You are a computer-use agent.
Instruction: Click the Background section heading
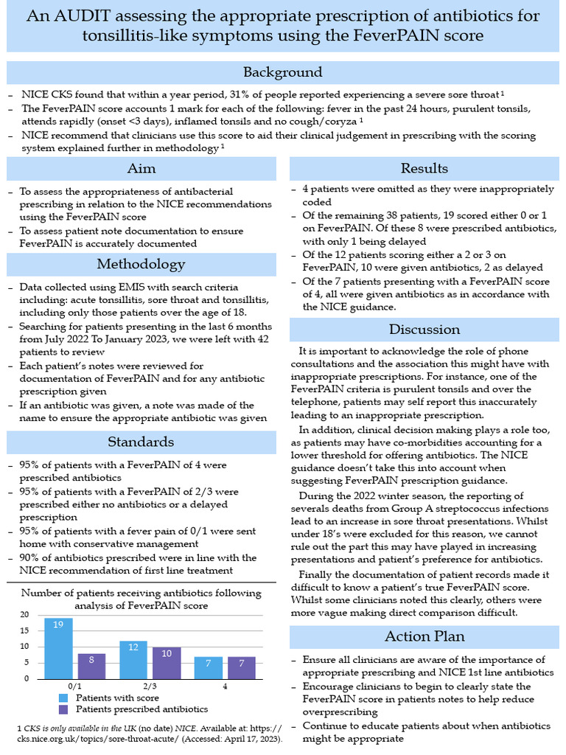point(283,72)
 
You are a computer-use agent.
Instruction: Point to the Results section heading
point(424,169)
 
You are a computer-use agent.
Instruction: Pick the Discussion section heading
point(424,329)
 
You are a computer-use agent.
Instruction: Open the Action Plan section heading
point(424,636)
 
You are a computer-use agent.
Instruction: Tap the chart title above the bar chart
point(140,599)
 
